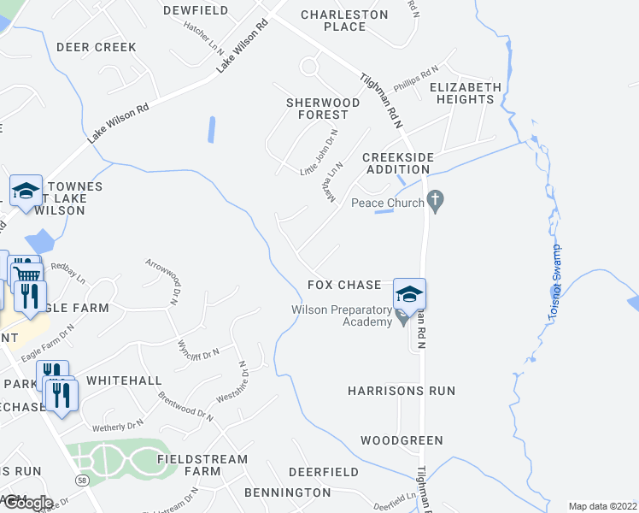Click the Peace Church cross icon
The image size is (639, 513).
pyautogui.click(x=436, y=203)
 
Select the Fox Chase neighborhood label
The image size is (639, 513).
pyautogui.click(x=344, y=285)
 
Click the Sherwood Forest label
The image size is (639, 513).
pyautogui.click(x=317, y=109)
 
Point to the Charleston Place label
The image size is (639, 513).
pyautogui.click(x=344, y=21)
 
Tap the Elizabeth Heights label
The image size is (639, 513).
pyautogui.click(x=465, y=93)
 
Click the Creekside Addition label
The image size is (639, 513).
pyautogui.click(x=398, y=163)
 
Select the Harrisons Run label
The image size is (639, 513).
pyautogui.click(x=402, y=391)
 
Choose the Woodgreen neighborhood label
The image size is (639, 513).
pyautogui.click(x=402, y=440)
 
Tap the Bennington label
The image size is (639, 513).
pyautogui.click(x=287, y=492)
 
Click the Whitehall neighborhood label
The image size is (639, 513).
pyautogui.click(x=124, y=380)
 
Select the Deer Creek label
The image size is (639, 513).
pyautogui.click(x=96, y=47)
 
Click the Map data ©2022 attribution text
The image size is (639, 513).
pyautogui.click(x=602, y=506)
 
